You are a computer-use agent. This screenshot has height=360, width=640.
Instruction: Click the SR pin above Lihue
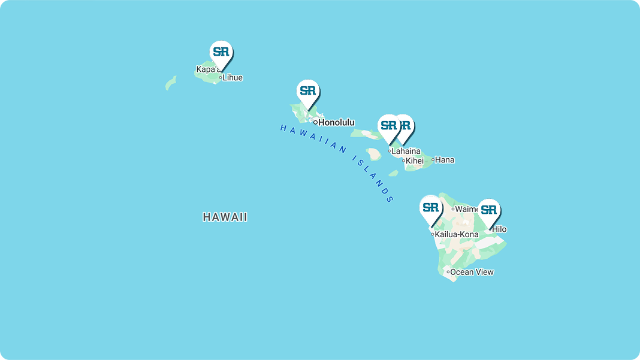(221, 52)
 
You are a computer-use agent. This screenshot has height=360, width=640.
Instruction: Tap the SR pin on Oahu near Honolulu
(308, 91)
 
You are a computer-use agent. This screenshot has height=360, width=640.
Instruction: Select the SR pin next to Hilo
(489, 210)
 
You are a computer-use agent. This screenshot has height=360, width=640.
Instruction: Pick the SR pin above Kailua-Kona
(431, 208)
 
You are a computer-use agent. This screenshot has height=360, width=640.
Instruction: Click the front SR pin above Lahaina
(389, 126)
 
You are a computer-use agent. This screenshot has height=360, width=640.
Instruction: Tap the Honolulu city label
(336, 122)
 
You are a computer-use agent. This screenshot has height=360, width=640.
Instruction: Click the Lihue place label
(233, 77)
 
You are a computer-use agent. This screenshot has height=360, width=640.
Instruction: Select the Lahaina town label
(406, 152)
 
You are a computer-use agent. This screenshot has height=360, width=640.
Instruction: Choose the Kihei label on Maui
(415, 161)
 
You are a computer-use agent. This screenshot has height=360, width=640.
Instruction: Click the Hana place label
(445, 160)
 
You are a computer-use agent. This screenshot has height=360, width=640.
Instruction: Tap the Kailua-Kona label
(457, 234)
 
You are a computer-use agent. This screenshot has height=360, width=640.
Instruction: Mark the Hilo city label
(499, 229)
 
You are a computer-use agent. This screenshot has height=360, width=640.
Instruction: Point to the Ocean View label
(472, 272)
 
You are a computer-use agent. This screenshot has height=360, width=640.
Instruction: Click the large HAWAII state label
(225, 217)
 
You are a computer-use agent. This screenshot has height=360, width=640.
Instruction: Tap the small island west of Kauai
(171, 83)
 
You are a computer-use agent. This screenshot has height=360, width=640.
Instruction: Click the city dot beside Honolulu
(315, 122)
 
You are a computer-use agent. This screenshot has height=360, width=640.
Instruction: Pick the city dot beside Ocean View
(448, 272)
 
